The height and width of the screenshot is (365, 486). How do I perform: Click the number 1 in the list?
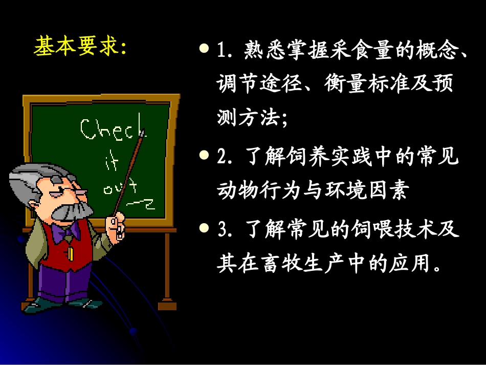(222, 51)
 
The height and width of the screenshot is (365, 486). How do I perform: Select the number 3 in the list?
(222, 229)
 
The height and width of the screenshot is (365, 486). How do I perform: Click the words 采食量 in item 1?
(330, 51)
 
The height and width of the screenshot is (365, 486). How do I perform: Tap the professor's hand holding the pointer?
(115, 225)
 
